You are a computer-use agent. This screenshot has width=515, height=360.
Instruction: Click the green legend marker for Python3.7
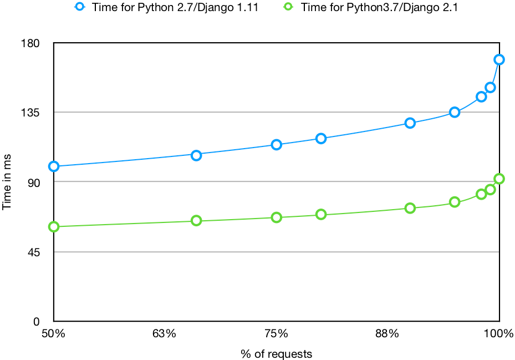click(x=288, y=7)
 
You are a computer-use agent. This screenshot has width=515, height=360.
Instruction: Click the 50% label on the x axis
click(x=54, y=334)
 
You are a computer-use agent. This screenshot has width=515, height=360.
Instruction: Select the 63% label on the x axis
click(x=165, y=334)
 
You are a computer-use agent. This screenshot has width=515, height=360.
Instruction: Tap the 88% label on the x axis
click(x=387, y=334)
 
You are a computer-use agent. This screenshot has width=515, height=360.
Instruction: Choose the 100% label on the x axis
click(x=499, y=334)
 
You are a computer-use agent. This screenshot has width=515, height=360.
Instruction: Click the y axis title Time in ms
click(x=7, y=182)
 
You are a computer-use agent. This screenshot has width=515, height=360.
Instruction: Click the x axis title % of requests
click(x=276, y=354)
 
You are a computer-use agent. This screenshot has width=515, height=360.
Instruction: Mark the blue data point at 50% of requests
click(x=54, y=166)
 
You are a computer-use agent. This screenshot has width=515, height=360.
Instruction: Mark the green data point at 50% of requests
click(x=54, y=226)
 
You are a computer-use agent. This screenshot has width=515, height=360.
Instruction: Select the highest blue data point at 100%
click(x=499, y=59)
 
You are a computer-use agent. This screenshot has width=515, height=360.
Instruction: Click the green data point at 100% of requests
click(x=499, y=179)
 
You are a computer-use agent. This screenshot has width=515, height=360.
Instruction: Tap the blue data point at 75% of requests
click(x=276, y=145)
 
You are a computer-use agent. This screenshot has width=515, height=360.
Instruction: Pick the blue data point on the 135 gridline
click(x=455, y=112)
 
